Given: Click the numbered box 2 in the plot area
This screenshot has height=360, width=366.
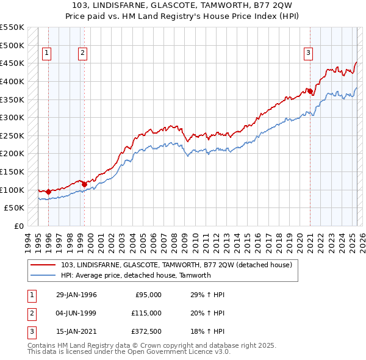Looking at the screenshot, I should click(82, 53).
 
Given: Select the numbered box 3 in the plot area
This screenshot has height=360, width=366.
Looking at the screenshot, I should click(309, 53).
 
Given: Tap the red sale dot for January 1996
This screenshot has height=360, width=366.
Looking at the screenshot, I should click(48, 192).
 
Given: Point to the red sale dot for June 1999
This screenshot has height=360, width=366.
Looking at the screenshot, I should click(84, 184).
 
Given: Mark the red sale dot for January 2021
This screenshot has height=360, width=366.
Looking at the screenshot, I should click(310, 92).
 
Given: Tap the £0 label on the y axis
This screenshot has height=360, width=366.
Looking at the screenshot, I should click(18, 226).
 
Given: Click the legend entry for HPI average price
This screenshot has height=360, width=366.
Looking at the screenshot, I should click(135, 275).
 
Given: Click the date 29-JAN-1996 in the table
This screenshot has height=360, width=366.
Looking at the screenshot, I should click(76, 295).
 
